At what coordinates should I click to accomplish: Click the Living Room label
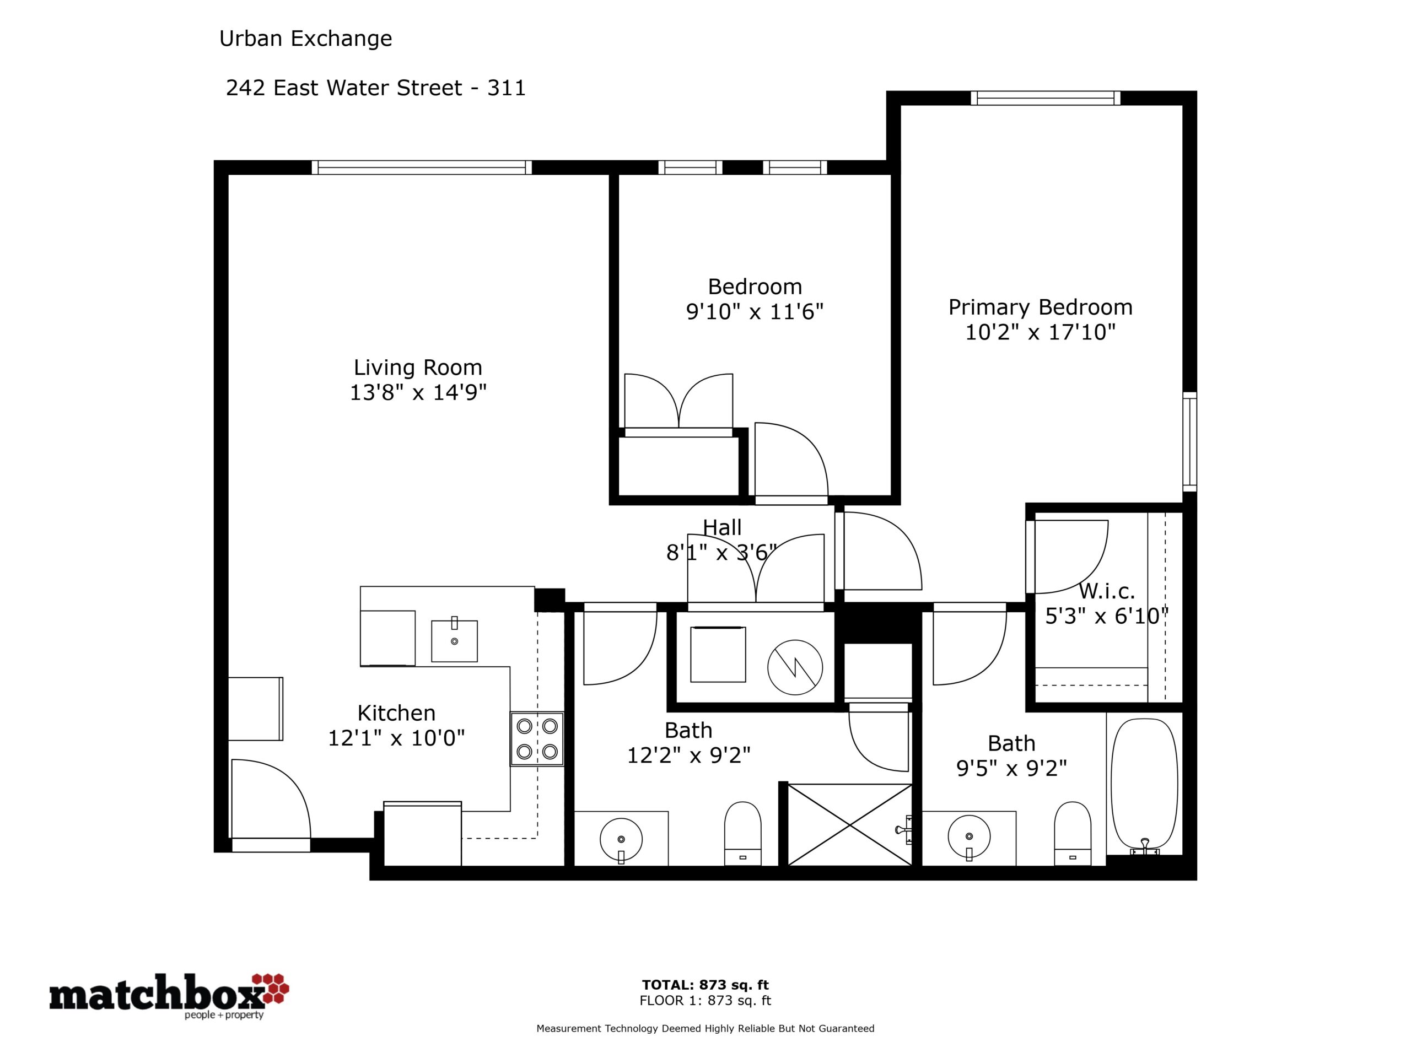[418, 368]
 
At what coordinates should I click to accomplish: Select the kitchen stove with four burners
[537, 738]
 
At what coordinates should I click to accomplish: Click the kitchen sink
[454, 640]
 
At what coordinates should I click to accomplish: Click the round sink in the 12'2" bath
[621, 840]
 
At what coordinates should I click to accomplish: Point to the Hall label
[722, 527]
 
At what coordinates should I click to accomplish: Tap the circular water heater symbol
[795, 668]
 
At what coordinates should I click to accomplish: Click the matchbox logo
[169, 996]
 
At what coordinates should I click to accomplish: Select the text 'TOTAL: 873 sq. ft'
[705, 985]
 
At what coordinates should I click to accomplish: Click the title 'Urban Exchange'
[305, 39]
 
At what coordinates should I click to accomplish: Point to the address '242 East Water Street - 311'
[376, 88]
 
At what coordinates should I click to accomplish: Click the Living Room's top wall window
[422, 167]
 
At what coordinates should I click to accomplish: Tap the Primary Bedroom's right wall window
[1189, 442]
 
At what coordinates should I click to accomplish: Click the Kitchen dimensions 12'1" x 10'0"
[396, 738]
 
